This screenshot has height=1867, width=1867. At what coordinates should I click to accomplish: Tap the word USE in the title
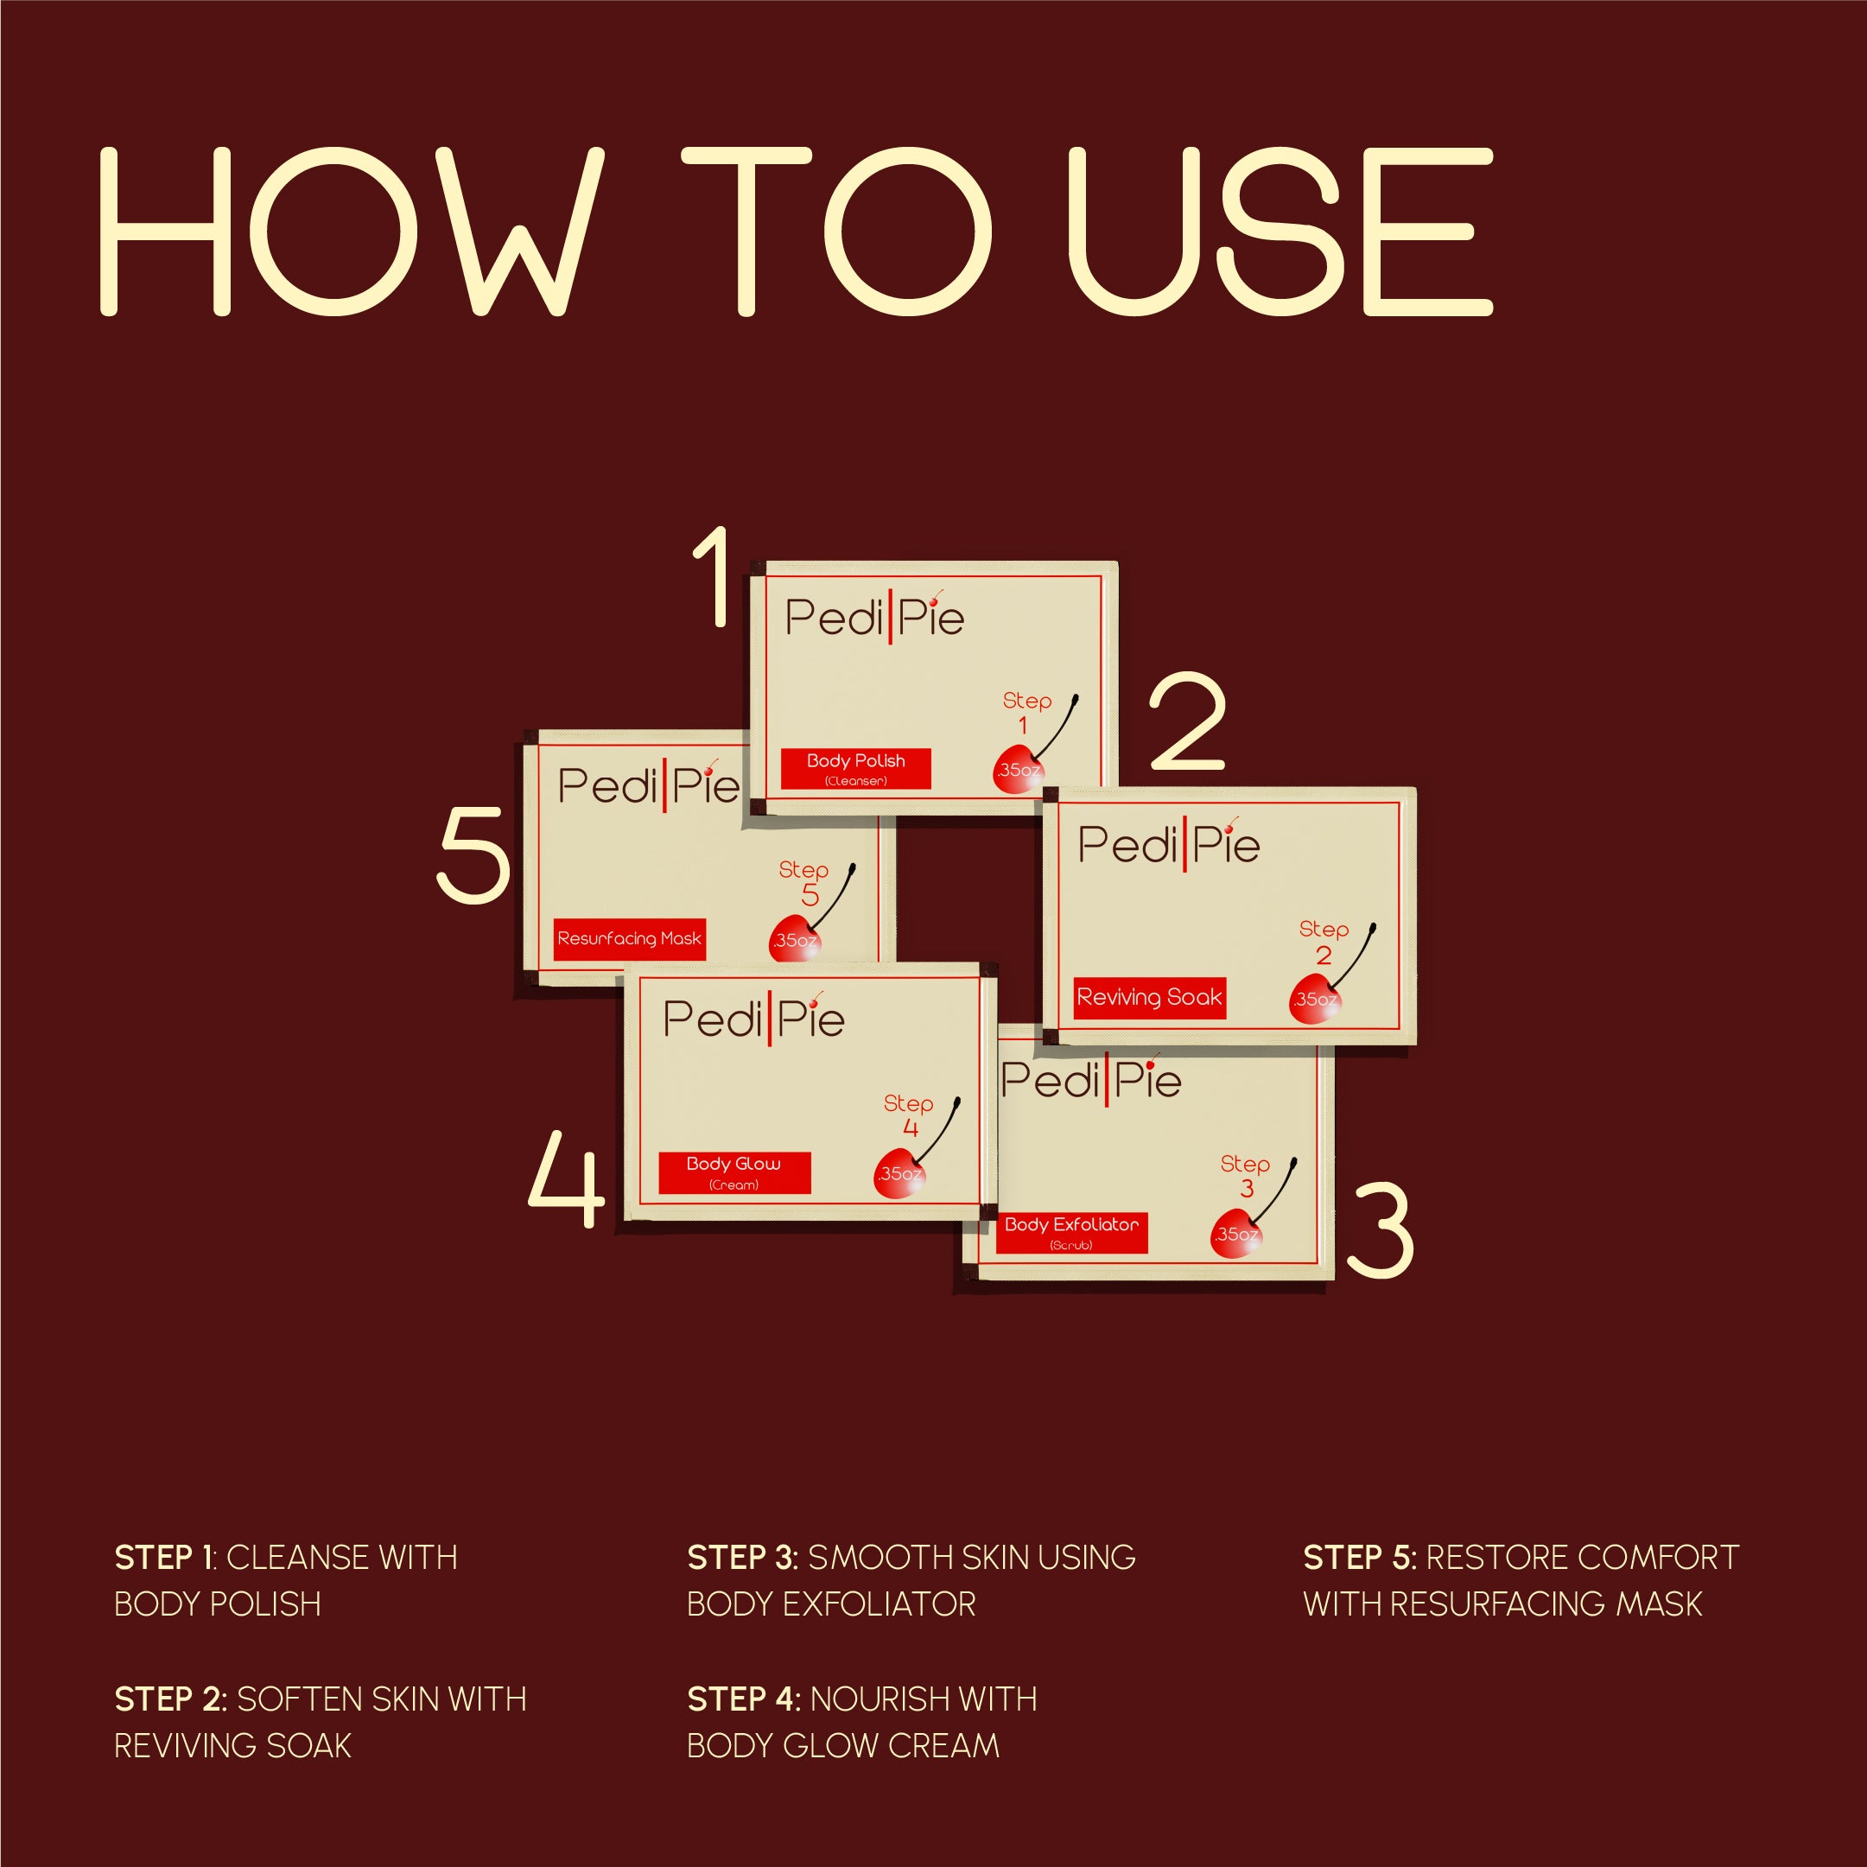[x=1280, y=232]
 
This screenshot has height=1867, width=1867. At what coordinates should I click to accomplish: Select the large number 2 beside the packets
[x=1188, y=722]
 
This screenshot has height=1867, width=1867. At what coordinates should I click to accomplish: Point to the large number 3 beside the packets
[x=1380, y=1230]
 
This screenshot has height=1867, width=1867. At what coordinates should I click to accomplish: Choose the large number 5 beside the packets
[x=473, y=855]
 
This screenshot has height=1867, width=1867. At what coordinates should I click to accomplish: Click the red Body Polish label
[x=855, y=768]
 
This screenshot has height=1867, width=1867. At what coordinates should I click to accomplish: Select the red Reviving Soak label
[x=1150, y=997]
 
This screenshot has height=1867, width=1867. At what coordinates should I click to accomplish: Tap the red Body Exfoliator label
[x=1071, y=1233]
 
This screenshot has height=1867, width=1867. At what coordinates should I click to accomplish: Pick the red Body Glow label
[x=734, y=1172]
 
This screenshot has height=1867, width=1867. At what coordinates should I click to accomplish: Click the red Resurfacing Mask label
[x=629, y=938]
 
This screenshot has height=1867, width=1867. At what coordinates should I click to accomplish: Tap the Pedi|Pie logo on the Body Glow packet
[x=753, y=1018]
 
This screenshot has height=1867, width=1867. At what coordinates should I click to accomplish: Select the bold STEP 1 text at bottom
[x=163, y=1558]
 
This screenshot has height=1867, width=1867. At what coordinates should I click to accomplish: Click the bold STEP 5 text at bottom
[x=1358, y=1558]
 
